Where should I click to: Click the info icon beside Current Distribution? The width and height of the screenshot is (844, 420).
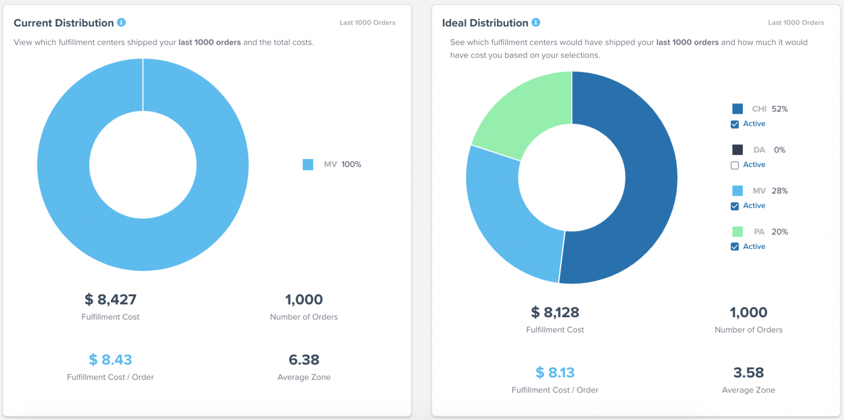(121, 23)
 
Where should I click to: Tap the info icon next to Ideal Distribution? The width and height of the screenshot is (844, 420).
(536, 23)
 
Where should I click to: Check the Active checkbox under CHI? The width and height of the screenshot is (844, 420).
(735, 124)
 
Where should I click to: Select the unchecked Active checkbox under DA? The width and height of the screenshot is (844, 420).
(735, 165)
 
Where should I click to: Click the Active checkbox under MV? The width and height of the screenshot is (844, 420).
(735, 206)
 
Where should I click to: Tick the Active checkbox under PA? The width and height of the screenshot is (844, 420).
(735, 247)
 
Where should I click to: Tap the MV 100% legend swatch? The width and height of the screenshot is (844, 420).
(308, 164)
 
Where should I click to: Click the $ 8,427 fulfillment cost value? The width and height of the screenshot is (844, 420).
(110, 300)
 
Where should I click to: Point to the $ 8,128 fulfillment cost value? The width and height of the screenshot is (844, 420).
(555, 312)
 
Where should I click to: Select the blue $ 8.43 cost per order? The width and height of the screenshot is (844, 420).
(110, 360)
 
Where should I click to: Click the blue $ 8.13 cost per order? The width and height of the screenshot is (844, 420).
(555, 372)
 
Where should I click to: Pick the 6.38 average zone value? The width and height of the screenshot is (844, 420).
(304, 360)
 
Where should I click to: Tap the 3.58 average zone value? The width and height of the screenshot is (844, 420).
(748, 372)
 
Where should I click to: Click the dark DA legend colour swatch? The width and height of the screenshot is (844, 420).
(737, 150)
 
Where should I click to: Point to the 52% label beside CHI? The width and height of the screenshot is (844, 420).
(779, 109)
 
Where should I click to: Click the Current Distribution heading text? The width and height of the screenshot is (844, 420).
(64, 23)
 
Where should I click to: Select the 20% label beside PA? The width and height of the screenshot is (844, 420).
(779, 232)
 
